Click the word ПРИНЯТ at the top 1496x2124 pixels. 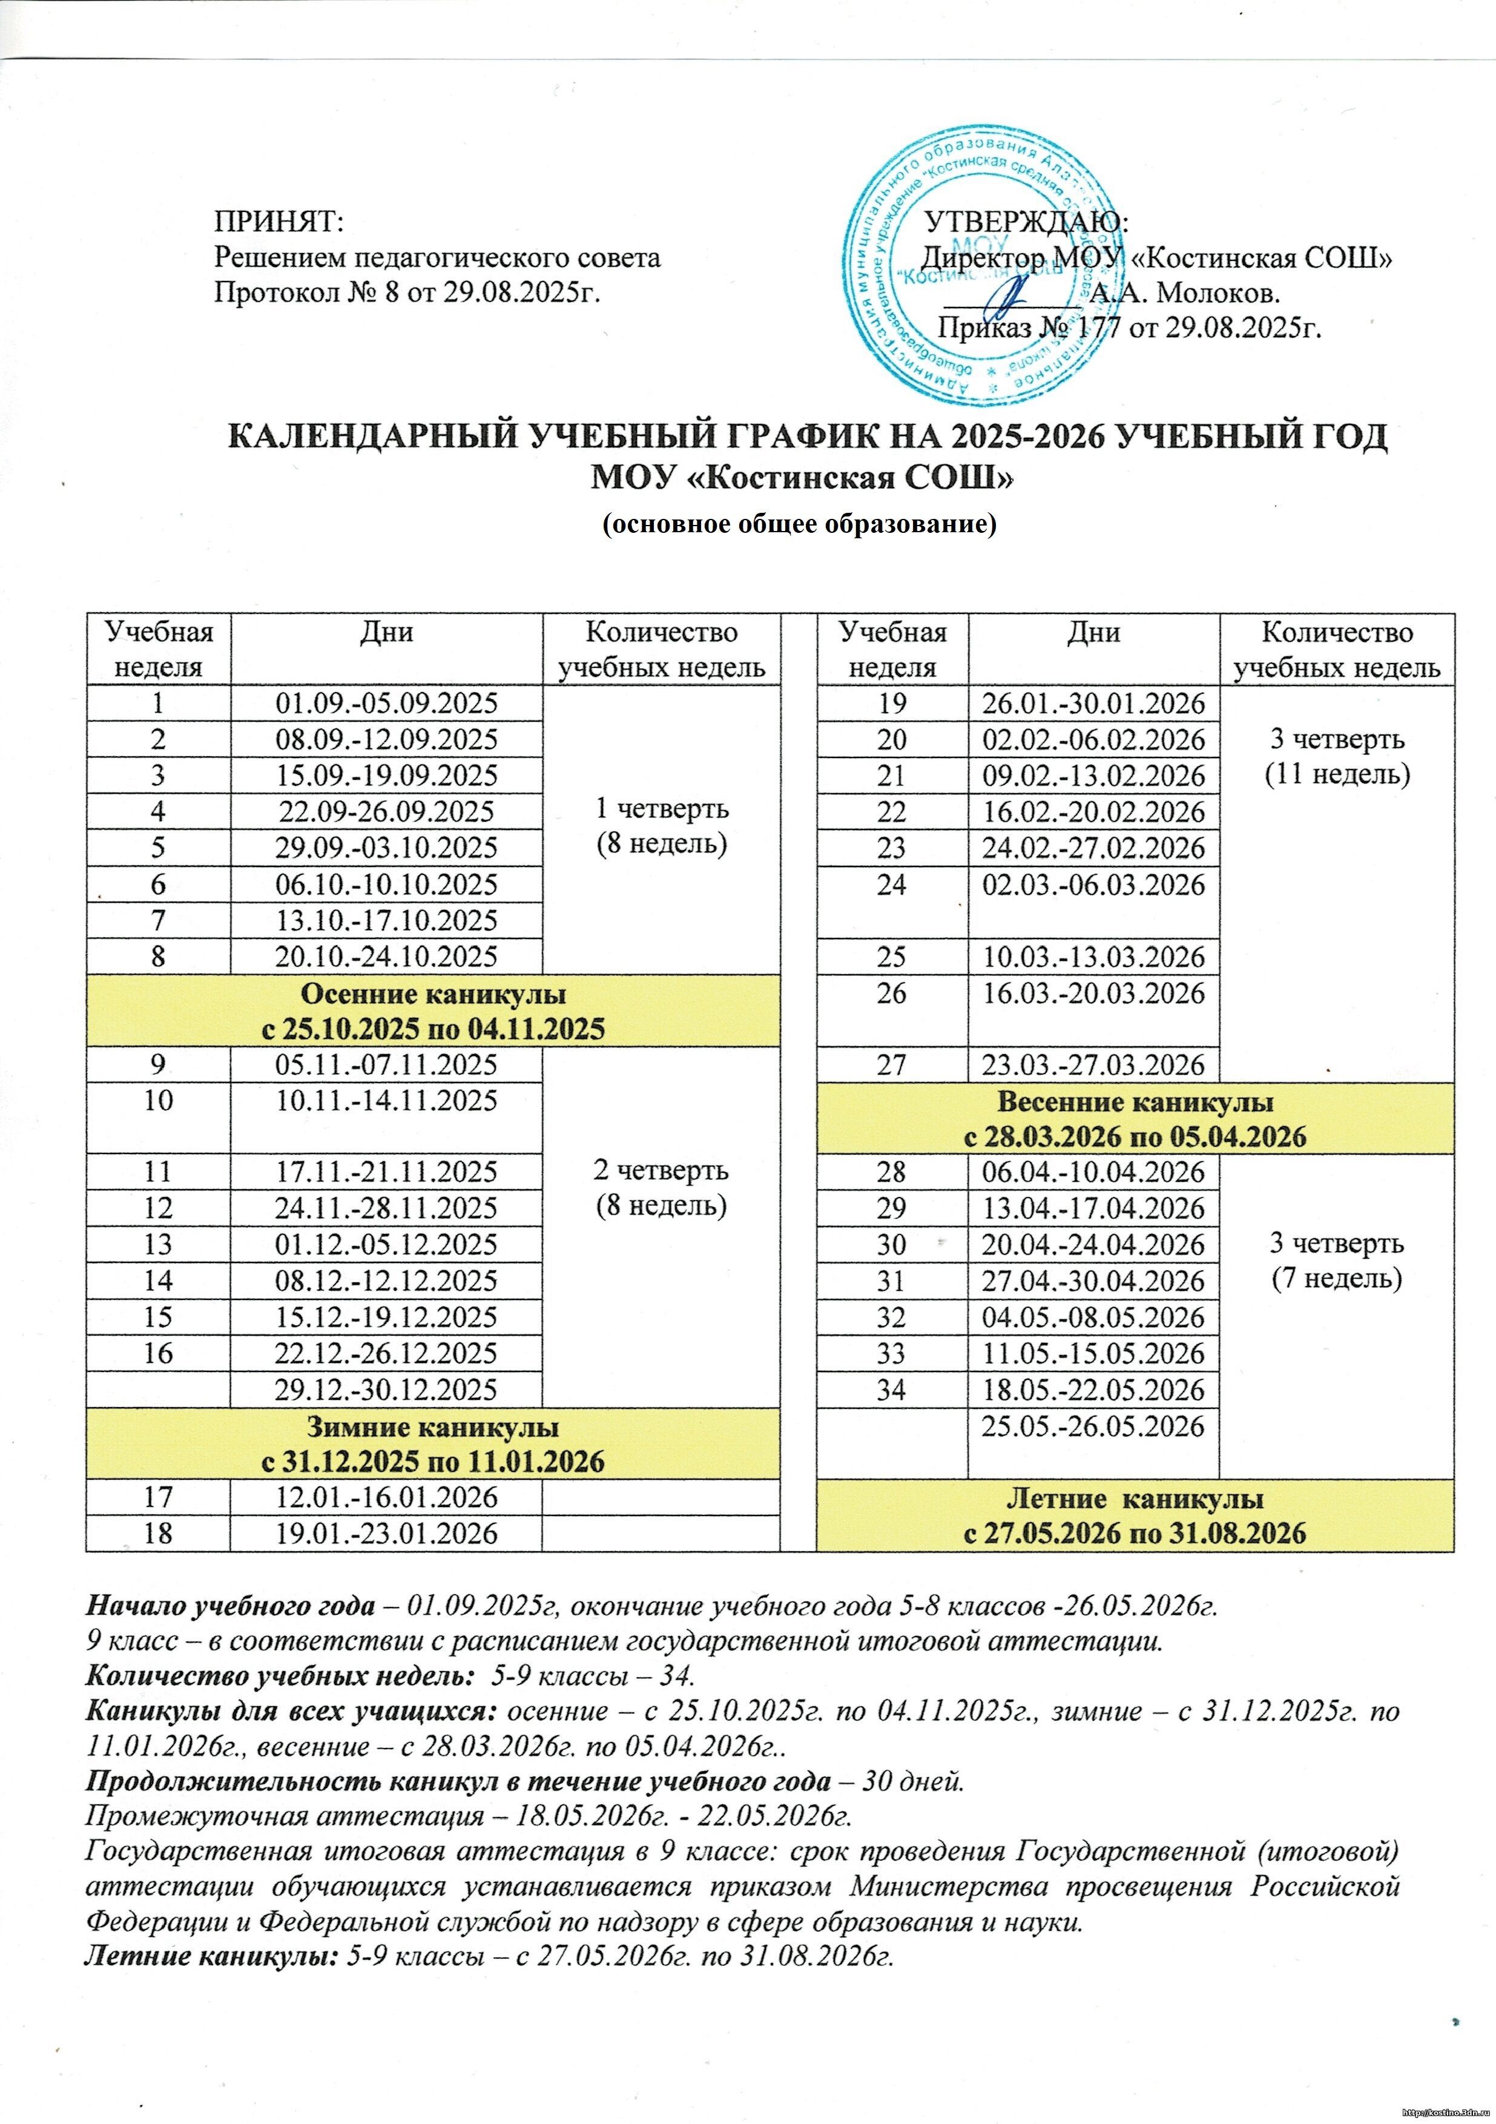point(277,222)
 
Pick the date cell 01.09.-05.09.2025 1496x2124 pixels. point(387,703)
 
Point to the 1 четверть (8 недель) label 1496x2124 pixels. point(662,826)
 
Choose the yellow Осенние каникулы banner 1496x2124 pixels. point(433,1011)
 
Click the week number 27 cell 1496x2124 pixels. point(892,1065)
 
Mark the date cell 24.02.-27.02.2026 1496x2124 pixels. point(1093,848)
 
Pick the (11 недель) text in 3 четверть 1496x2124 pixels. point(1338,774)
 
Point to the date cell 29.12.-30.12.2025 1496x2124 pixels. point(387,1390)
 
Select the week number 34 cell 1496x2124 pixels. point(892,1390)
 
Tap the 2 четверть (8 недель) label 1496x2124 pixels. point(662,1188)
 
